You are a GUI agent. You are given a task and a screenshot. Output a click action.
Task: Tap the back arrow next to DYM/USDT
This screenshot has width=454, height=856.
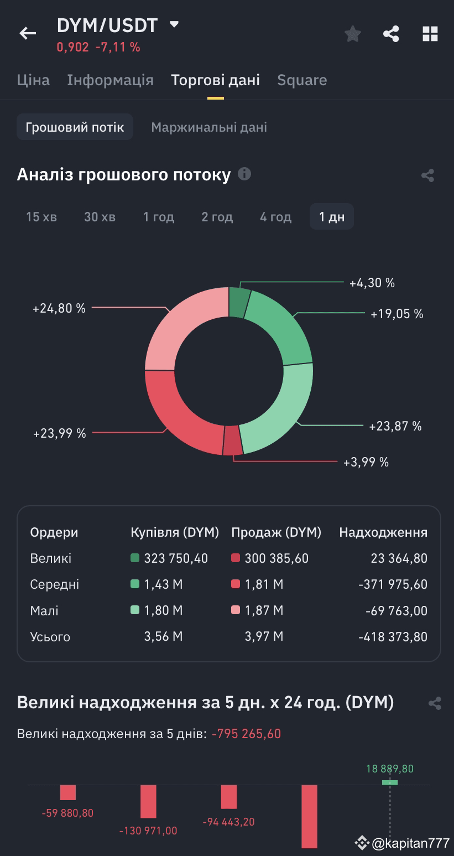point(28,34)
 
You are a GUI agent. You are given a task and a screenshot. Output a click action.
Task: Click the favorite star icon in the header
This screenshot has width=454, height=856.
point(353,34)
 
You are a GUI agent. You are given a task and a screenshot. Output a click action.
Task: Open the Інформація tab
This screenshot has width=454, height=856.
point(110,80)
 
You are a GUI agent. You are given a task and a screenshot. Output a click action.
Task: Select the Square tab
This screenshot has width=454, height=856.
point(302,80)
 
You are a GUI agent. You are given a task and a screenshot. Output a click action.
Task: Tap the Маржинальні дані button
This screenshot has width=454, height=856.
point(209,127)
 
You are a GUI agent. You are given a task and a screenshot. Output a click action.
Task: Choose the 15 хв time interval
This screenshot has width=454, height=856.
point(41,217)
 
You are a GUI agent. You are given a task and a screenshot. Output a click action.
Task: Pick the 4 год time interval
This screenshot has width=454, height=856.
point(275,217)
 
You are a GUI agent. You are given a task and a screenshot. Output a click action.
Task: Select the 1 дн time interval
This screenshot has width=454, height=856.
point(332,217)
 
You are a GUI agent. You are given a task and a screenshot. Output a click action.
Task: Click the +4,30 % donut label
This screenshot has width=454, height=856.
point(372,283)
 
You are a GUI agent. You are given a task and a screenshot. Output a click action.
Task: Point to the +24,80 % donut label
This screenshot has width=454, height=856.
point(59,308)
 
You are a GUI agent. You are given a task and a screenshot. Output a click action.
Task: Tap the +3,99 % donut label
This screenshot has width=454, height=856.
point(366,462)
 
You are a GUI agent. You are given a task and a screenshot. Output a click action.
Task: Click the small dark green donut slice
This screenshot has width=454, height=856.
point(239,302)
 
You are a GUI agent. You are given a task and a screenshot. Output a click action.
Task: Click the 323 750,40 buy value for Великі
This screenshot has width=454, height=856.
point(176,559)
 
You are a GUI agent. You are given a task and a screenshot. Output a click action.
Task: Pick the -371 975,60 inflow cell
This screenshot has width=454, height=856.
point(393,585)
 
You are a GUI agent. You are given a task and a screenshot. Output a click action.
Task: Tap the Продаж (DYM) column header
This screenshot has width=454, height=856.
point(276,532)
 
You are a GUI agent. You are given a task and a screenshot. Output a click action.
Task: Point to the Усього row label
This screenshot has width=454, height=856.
point(50,637)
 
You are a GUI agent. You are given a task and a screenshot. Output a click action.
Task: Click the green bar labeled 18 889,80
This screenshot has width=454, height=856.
point(390,782)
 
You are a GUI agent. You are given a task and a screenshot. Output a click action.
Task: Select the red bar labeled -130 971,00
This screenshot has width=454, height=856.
point(148,801)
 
